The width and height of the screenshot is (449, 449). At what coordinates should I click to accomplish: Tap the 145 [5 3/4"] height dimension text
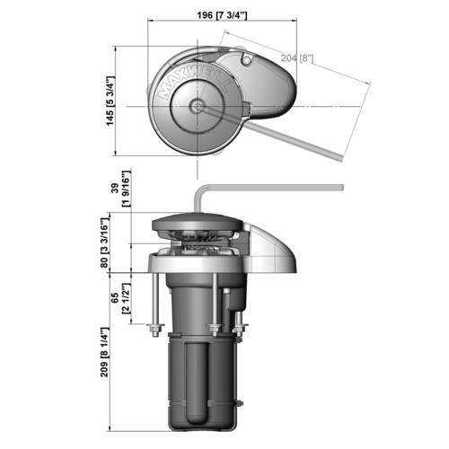pos(110,101)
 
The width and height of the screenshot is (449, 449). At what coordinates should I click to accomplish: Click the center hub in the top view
pos(197,106)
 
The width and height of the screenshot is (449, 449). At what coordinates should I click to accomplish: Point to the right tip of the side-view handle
pos(342,188)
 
